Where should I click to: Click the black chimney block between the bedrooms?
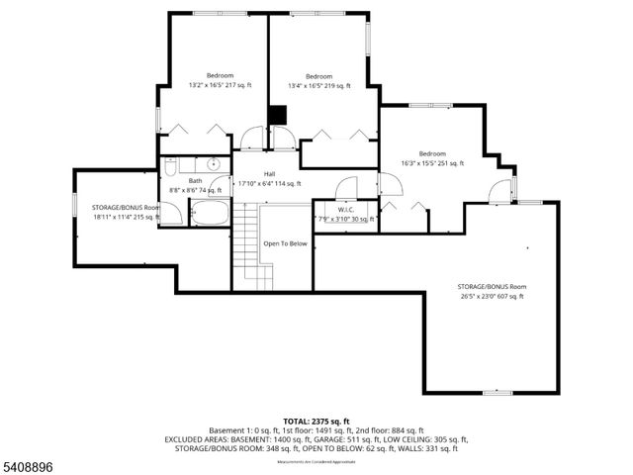[278, 115]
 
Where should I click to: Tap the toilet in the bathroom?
[170, 166]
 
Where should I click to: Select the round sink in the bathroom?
[213, 164]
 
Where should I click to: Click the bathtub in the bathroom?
[209, 212]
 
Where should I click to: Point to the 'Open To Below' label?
[285, 243]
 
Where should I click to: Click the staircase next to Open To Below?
[252, 247]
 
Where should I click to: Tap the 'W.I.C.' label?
[345, 209]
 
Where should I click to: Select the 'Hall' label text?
[269, 174]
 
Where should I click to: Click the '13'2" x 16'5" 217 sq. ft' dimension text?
[220, 86]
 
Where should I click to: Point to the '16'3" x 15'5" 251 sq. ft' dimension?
[432, 163]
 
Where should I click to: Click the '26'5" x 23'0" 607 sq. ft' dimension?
[491, 296]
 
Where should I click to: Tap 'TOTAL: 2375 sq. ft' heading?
[316, 422]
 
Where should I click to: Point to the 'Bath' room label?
[196, 180]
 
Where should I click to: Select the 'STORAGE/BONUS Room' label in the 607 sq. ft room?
[492, 287]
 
